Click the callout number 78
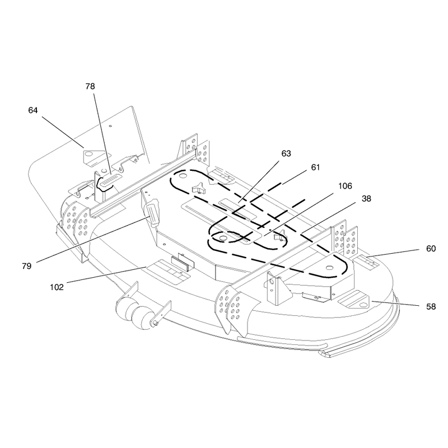(90, 86)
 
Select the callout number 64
(33, 110)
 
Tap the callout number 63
(286, 153)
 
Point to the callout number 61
(315, 167)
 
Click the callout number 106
(345, 186)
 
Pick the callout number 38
(366, 199)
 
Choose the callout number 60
(431, 249)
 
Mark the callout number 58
(431, 307)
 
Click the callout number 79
(26, 267)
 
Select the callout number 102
(57, 287)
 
